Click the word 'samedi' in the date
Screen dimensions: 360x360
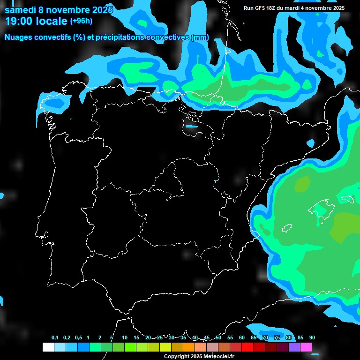point(20,10)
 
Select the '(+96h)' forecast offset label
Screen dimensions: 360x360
point(82,21)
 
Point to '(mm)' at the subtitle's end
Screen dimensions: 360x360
point(200,37)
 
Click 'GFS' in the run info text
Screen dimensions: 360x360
point(260,8)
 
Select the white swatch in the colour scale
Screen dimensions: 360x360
point(48,347)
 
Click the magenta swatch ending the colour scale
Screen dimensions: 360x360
point(306,347)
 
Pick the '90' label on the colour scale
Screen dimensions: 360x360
point(312,338)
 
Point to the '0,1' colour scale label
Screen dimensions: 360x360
point(55,338)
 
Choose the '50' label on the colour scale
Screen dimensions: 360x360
point(218,338)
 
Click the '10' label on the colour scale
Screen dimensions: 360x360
point(125,338)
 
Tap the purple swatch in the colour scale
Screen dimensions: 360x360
point(294,347)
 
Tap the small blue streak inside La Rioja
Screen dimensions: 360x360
point(191,126)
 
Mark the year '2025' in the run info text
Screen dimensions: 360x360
point(336,8)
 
